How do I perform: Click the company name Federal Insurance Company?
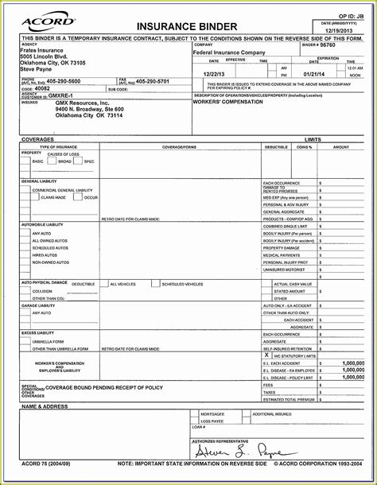(x=230, y=52)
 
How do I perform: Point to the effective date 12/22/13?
(x=216, y=73)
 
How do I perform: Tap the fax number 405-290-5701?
(x=152, y=81)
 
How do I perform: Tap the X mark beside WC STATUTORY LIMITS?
(x=267, y=355)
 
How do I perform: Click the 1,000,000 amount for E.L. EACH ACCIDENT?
(x=352, y=363)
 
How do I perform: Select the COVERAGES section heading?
(x=38, y=138)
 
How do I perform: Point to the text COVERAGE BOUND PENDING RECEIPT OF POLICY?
(x=103, y=387)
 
